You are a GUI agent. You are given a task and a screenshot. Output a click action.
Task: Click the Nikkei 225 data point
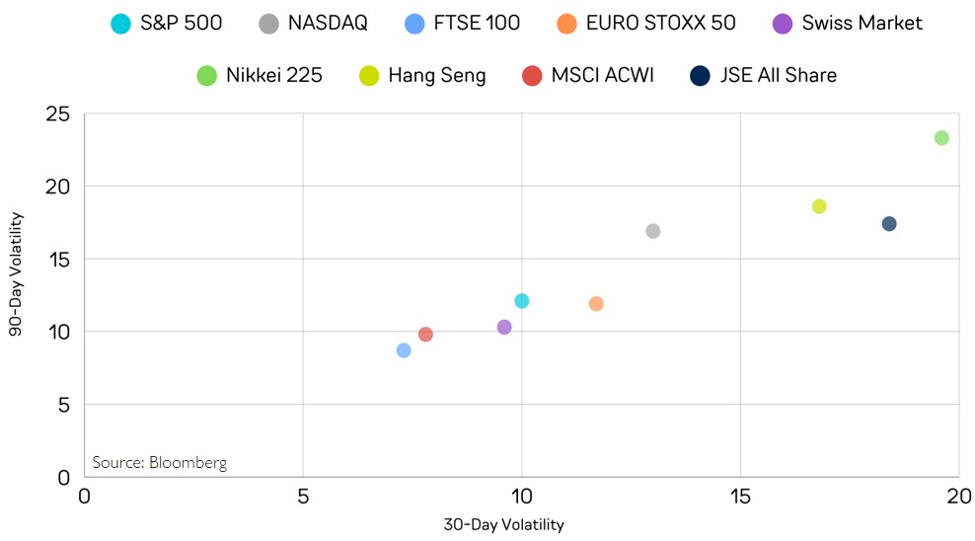pyautogui.click(x=941, y=138)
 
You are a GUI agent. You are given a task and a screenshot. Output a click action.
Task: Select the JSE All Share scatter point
pyautogui.click(x=889, y=224)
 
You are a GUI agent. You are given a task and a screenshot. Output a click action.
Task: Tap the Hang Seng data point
pyautogui.click(x=819, y=206)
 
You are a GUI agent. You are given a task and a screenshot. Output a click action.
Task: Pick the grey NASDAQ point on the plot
pyautogui.click(x=652, y=231)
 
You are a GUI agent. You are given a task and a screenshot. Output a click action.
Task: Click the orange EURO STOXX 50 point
pyautogui.click(x=596, y=304)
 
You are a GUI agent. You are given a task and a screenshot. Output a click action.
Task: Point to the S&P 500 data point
pyautogui.click(x=521, y=301)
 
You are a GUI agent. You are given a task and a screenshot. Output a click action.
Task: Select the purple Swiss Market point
pyautogui.click(x=504, y=327)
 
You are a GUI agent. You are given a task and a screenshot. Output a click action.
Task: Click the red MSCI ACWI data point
pyautogui.click(x=425, y=335)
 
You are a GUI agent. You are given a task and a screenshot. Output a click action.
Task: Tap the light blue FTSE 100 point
pyautogui.click(x=404, y=350)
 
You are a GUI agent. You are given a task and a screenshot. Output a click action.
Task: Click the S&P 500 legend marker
pyautogui.click(x=120, y=23)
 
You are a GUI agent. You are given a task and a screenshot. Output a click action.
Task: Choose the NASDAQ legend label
pyautogui.click(x=328, y=23)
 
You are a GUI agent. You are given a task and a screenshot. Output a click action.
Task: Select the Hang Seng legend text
pyautogui.click(x=436, y=75)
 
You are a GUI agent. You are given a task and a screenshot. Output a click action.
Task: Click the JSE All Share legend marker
pyautogui.click(x=700, y=75)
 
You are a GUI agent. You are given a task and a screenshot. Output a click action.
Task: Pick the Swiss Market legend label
pyautogui.click(x=862, y=23)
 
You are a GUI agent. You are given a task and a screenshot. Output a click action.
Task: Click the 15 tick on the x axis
pyautogui.click(x=740, y=495)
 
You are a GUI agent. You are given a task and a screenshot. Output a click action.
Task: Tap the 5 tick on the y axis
pyautogui.click(x=63, y=405)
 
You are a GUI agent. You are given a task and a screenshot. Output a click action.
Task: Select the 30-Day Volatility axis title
pyautogui.click(x=503, y=524)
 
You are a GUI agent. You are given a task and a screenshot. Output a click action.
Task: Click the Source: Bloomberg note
pyautogui.click(x=159, y=462)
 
